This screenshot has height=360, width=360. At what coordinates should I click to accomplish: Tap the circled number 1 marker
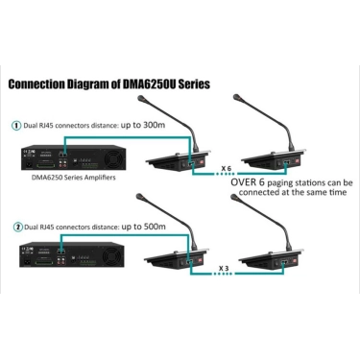pyautogui.click(x=16, y=126)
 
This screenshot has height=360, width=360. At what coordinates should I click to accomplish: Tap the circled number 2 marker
pyautogui.click(x=17, y=228)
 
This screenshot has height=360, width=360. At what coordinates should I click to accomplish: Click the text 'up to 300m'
pyautogui.click(x=143, y=125)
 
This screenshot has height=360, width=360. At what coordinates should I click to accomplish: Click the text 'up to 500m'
pyautogui.click(x=144, y=227)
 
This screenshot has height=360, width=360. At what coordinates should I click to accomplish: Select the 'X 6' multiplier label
pyautogui.click(x=226, y=168)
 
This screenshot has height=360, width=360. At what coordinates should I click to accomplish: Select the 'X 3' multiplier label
pyautogui.click(x=224, y=268)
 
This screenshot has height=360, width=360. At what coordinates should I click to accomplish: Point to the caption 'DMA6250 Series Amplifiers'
pyautogui.click(x=73, y=178)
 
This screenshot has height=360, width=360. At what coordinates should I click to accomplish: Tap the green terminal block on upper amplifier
pyautogui.click(x=45, y=165)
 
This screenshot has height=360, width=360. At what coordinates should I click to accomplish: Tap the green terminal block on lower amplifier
pyautogui.click(x=44, y=262)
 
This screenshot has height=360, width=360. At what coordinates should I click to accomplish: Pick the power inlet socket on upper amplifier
pyautogui.click(x=30, y=165)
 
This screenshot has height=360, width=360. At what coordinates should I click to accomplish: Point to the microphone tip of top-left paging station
pyautogui.click(x=141, y=98)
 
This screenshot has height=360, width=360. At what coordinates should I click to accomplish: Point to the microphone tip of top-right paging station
pyautogui.click(x=237, y=97)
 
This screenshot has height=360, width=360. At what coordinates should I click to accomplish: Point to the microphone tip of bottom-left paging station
pyautogui.click(x=139, y=197)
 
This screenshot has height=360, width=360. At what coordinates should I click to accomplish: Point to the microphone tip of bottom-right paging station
pyautogui.click(x=234, y=197)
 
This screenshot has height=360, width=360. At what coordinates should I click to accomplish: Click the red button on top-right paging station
pyautogui.click(x=298, y=162)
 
